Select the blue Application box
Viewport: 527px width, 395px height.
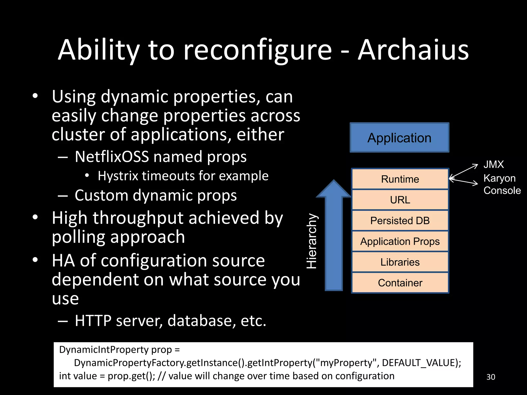[x=399, y=138]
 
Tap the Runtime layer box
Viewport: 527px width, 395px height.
[x=400, y=179]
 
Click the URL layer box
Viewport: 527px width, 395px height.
[x=400, y=200]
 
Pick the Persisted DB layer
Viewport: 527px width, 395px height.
[x=400, y=221]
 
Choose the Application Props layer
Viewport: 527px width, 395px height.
[x=400, y=241]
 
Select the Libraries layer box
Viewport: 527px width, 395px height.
[x=400, y=262]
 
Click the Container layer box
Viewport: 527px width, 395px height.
[x=400, y=283]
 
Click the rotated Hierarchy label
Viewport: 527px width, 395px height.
[x=312, y=241]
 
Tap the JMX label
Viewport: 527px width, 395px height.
[x=493, y=165]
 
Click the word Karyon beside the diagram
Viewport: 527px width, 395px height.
[x=499, y=178]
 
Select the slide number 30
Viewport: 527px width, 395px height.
[x=490, y=377]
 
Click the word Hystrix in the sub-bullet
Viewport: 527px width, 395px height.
[x=118, y=176]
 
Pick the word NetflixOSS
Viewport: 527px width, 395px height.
[x=112, y=157]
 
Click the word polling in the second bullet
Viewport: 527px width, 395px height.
[x=78, y=237]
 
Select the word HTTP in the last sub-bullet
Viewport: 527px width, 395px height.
[x=93, y=321]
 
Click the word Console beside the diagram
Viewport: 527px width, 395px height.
[x=502, y=191]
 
